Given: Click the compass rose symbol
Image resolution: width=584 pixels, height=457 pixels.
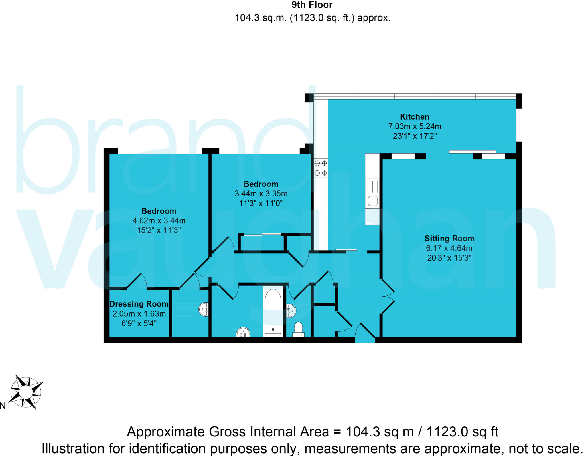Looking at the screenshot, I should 26,392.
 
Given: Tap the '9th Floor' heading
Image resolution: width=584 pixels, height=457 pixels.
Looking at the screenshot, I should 312,5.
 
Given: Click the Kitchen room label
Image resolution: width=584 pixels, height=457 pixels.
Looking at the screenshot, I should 414,117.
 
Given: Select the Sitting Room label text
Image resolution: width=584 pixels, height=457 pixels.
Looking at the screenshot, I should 449,238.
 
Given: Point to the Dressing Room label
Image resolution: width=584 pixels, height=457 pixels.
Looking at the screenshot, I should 139,304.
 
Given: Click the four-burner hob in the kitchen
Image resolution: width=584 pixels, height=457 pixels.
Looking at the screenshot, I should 321,168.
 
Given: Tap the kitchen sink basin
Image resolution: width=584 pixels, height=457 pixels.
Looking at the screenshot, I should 372,201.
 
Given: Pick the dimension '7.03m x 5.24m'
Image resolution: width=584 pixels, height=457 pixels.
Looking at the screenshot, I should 414,126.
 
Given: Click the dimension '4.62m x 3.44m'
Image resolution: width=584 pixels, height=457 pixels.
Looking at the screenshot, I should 159,221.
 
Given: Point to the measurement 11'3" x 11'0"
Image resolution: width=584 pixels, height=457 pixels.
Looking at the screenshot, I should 261,203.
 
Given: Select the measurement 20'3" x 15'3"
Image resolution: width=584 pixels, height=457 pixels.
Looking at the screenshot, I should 449,258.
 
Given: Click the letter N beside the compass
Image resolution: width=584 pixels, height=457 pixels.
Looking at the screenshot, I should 3,406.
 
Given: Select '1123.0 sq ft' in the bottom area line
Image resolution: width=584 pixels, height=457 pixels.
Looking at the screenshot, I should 462,432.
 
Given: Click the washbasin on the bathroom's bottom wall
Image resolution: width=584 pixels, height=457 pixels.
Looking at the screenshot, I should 243,332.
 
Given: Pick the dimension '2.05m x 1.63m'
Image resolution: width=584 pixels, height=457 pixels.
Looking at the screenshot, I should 139,314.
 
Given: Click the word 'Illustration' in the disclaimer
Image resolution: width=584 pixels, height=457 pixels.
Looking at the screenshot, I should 73,448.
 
